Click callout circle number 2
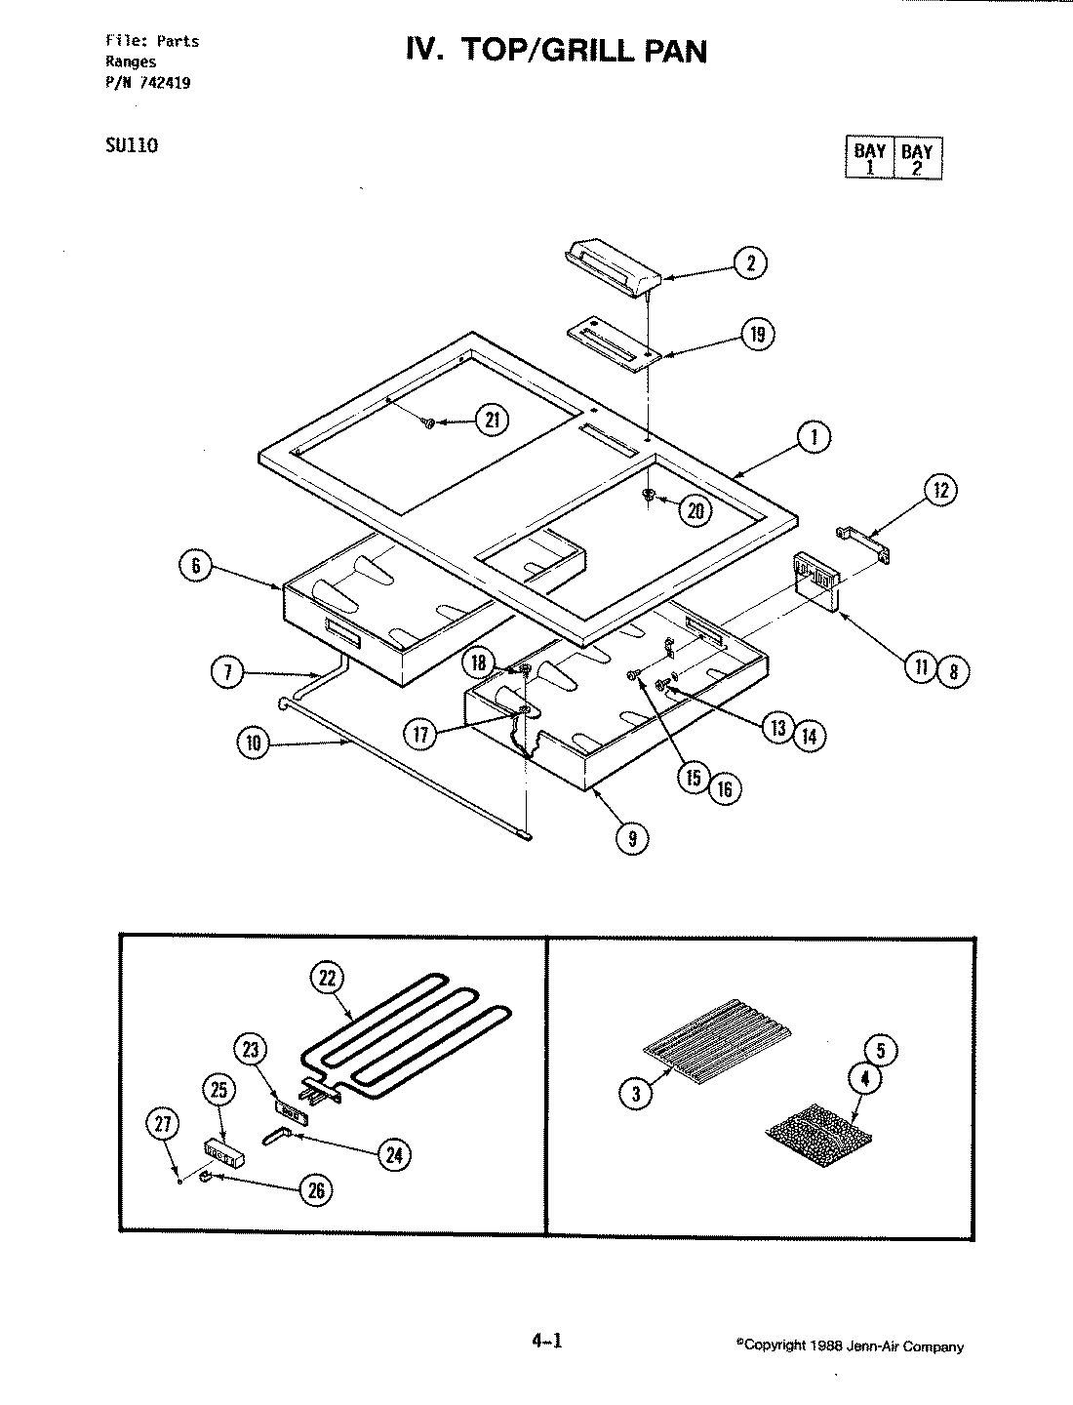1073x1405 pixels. click(x=750, y=261)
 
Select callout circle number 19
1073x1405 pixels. click(x=757, y=335)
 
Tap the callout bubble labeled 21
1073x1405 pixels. click(x=493, y=421)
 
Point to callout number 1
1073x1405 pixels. click(x=814, y=438)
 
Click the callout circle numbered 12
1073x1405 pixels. click(x=940, y=491)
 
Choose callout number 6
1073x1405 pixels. click(x=196, y=567)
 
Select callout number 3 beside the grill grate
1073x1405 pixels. click(x=636, y=1094)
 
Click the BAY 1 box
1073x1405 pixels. click(x=869, y=158)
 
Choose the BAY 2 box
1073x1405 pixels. click(x=917, y=158)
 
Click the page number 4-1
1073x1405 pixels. click(x=547, y=1342)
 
